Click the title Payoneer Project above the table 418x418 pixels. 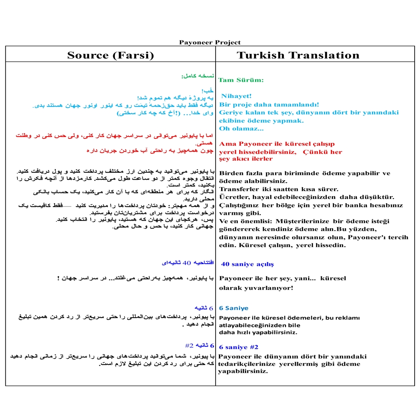tap(210, 42)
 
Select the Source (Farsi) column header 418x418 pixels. tap(110, 55)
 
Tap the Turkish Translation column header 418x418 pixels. tap(298, 55)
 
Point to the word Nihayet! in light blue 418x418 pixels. tap(237, 96)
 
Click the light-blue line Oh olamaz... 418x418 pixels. tap(241, 128)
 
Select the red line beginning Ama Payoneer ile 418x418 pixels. tap(277, 144)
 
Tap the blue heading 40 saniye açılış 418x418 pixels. tap(247, 264)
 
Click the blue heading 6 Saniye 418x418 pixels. tap(234, 308)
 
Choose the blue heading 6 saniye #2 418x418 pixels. tap(239, 347)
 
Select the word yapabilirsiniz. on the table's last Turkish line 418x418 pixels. tap(243, 371)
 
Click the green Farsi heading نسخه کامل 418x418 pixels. tap(198, 76)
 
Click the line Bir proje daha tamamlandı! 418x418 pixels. tap(269, 104)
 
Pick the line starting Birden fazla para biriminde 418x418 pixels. tap(305, 173)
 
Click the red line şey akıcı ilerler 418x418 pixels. tap(246, 159)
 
